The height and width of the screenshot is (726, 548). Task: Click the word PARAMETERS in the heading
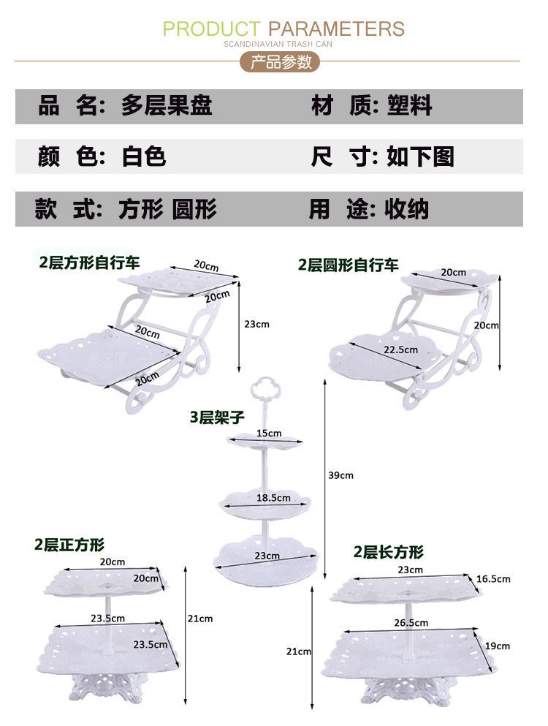[336, 29]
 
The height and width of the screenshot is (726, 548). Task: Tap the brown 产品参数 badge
[281, 62]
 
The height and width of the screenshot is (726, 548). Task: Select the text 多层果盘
[167, 106]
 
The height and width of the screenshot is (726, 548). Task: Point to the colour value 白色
[144, 156]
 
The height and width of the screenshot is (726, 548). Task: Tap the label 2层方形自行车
[89, 262]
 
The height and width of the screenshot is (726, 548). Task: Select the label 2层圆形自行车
[349, 265]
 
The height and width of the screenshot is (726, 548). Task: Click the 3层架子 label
[217, 417]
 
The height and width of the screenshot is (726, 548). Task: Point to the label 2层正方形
[69, 545]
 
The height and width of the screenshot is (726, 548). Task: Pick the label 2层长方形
[388, 552]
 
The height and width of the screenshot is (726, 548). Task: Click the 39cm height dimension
[341, 475]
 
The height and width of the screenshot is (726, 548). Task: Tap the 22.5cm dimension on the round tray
[401, 349]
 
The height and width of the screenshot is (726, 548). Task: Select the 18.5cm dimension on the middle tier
[273, 498]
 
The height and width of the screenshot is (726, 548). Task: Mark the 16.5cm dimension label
[493, 578]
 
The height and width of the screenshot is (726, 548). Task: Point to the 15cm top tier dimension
[268, 433]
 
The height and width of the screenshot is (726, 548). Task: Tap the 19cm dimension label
[497, 646]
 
